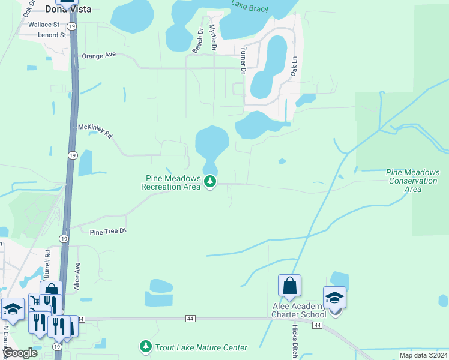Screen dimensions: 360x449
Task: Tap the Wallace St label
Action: pos(44,25)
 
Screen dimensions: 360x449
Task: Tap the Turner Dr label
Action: pos(244,61)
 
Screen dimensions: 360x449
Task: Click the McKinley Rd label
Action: pos(95,131)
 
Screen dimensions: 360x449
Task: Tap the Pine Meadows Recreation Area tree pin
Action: pos(210,181)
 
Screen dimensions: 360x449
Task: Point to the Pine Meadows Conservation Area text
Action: pos(412,181)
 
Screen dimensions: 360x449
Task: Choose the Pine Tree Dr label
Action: pos(109,232)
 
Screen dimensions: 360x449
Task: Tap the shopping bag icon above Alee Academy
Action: pos(289,287)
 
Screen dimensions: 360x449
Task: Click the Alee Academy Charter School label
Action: pos(299,310)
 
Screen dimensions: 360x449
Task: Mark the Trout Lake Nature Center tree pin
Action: pos(145,346)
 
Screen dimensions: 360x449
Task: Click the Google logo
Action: pos(20,353)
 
